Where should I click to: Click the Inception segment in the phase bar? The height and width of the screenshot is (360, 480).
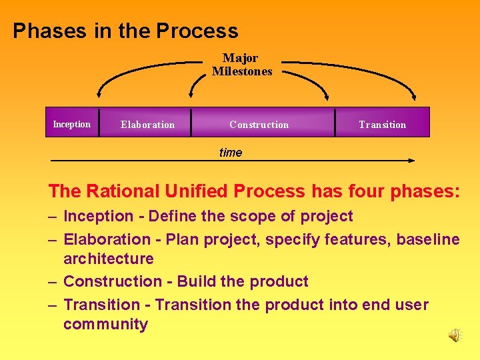pyautogui.click(x=72, y=124)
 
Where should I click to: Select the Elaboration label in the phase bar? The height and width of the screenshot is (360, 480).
pyautogui.click(x=147, y=125)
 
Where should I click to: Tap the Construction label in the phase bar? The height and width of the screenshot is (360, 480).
pyautogui.click(x=259, y=125)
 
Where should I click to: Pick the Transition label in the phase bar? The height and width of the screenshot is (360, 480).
pyautogui.click(x=382, y=125)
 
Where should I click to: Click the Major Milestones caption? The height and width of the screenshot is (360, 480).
pyautogui.click(x=241, y=65)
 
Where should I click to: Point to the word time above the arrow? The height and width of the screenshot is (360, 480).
pyautogui.click(x=231, y=153)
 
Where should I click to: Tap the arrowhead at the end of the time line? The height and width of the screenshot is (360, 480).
pyautogui.click(x=411, y=161)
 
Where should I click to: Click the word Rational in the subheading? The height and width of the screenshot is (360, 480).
pyautogui.click(x=123, y=191)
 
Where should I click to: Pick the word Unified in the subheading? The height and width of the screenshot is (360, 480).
pyautogui.click(x=197, y=191)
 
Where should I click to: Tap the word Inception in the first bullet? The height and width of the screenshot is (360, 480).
pyautogui.click(x=98, y=216)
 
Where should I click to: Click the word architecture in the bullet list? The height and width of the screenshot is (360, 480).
pyautogui.click(x=108, y=259)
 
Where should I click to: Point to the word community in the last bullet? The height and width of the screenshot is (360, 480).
pyautogui.click(x=105, y=325)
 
